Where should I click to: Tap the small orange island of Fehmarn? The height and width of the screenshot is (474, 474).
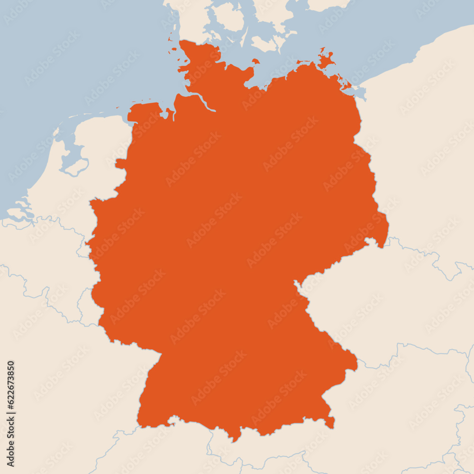click(256, 61)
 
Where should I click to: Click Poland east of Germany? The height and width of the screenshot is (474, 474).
click(427, 166)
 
